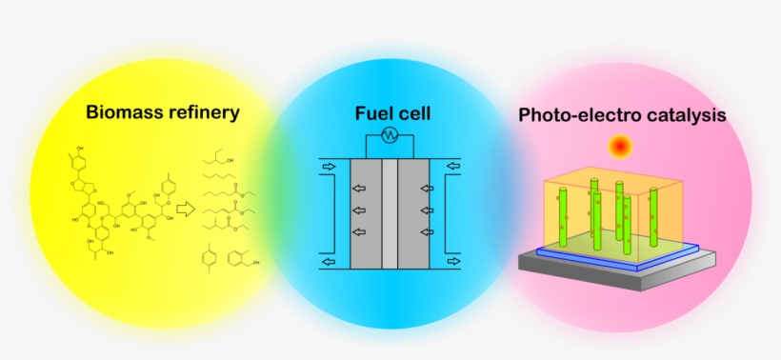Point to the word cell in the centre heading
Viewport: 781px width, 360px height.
412,114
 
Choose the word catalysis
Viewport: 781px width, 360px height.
683,116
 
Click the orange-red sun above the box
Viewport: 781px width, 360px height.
621,147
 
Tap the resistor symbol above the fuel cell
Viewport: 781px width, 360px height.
389,136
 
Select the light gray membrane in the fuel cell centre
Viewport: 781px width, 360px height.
389,213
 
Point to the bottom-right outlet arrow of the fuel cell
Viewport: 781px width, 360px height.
451,260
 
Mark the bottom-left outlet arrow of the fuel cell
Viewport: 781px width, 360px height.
328,260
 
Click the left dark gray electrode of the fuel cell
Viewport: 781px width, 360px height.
366,213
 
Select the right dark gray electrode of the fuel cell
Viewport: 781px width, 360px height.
412,213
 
